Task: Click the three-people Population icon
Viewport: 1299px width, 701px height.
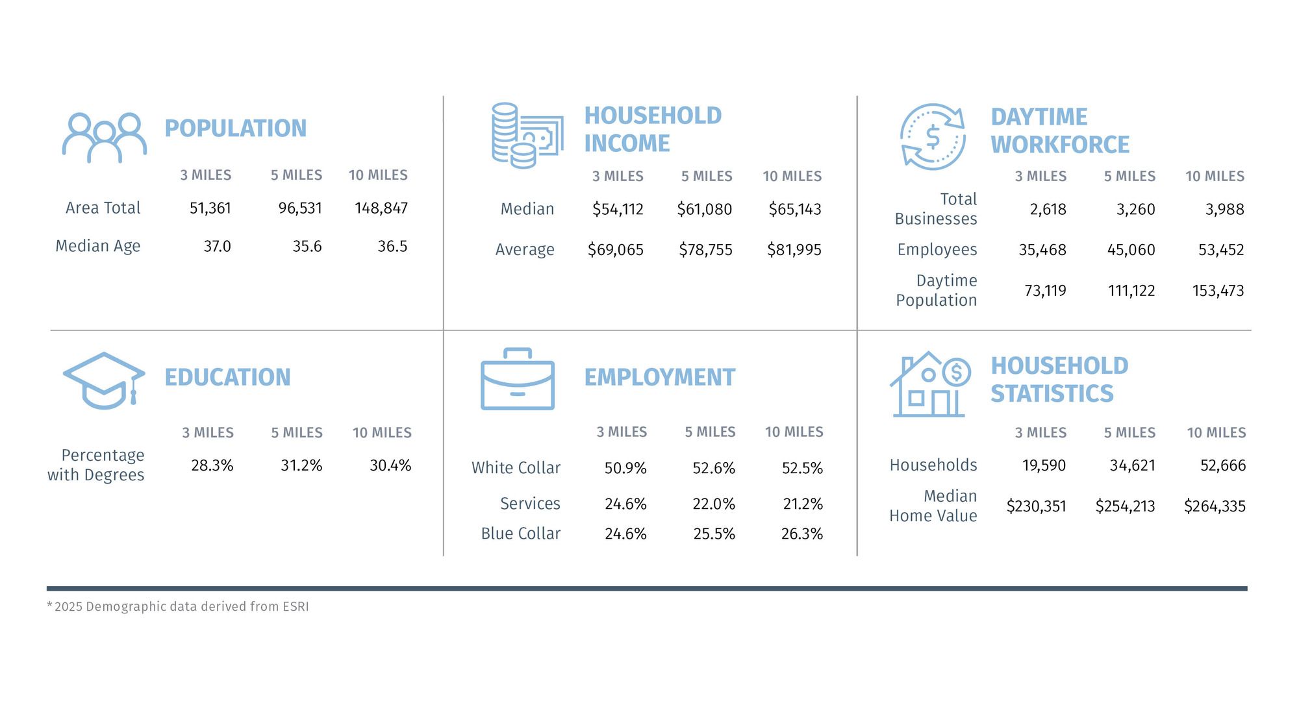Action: click(x=104, y=138)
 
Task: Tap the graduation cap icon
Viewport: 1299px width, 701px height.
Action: click(x=104, y=380)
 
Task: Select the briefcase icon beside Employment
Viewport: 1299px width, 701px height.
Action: click(x=518, y=379)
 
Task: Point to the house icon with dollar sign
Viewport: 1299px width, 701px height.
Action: click(x=929, y=384)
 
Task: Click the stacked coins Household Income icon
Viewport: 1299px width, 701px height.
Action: click(x=527, y=136)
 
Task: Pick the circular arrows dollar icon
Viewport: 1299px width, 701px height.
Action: click(x=933, y=137)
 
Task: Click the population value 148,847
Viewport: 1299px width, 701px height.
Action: click(x=381, y=208)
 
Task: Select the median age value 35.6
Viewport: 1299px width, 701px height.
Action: click(x=307, y=247)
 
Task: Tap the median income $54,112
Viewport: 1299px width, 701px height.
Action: click(x=617, y=210)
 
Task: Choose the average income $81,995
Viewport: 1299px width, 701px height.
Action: click(x=794, y=250)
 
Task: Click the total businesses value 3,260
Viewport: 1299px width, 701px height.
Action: click(x=1135, y=210)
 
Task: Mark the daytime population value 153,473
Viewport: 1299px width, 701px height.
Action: click(x=1218, y=291)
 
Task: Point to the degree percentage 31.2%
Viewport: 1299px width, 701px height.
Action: click(x=301, y=465)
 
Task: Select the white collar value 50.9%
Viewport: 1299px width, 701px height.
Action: click(x=625, y=469)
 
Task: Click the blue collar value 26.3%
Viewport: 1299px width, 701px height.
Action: click(x=801, y=534)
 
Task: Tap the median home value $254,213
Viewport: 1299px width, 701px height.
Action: click(x=1125, y=506)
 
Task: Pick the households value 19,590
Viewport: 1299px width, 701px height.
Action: click(x=1044, y=465)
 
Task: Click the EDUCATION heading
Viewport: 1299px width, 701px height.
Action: click(x=227, y=377)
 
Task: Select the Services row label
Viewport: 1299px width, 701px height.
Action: click(x=530, y=504)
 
